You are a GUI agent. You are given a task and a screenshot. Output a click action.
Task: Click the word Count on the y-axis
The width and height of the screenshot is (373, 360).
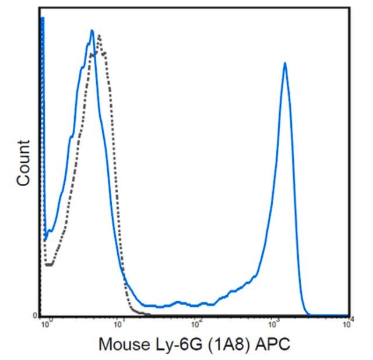[x=23, y=163]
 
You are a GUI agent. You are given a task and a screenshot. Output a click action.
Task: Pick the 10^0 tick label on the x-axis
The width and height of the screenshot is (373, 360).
[x=47, y=321]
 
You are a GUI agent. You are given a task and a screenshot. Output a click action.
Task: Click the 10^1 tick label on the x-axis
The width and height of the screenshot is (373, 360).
[x=119, y=321]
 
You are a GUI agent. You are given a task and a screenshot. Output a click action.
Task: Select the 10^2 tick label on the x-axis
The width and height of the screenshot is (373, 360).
[x=198, y=321]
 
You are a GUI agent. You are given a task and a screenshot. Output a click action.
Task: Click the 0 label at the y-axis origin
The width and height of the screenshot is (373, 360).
[x=36, y=316]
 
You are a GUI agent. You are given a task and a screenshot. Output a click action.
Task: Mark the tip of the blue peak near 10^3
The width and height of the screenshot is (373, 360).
[x=285, y=62]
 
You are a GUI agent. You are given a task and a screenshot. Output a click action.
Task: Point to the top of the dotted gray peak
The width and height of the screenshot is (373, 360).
[x=100, y=36]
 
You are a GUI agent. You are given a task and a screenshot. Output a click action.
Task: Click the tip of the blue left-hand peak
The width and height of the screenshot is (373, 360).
[x=92, y=30]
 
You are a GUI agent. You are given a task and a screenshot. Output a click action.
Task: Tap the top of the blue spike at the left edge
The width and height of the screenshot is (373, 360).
[x=43, y=19]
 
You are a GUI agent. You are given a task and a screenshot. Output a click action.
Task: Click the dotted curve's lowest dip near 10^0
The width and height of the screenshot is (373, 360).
[x=49, y=265]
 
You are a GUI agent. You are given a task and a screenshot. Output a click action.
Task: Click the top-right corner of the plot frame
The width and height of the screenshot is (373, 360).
[x=349, y=8]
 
